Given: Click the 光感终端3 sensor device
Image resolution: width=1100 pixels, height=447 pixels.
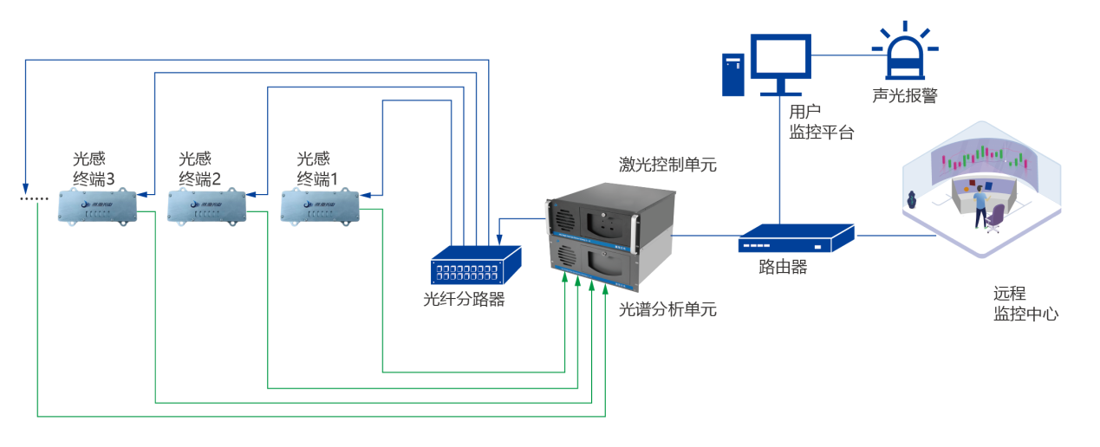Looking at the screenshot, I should (98, 206).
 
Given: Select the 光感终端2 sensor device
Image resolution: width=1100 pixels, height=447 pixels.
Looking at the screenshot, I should (206, 206).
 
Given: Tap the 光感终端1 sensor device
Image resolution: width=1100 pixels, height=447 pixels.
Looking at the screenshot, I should (320, 206).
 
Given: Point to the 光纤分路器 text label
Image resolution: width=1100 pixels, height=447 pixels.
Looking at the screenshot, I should (464, 300).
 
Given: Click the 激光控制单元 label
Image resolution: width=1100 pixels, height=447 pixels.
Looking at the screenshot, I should (667, 165).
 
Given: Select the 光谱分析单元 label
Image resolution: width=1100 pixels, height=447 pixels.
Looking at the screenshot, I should (667, 309).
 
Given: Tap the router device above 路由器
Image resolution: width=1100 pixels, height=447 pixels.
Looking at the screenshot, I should (796, 238).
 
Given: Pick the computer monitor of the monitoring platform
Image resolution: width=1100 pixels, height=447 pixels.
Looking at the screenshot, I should (780, 59).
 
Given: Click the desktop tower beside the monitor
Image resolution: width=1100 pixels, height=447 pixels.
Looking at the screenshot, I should (733, 74).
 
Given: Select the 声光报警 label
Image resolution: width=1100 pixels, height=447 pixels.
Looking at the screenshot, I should (905, 95).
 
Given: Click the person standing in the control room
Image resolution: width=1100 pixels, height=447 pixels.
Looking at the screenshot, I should (980, 208).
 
